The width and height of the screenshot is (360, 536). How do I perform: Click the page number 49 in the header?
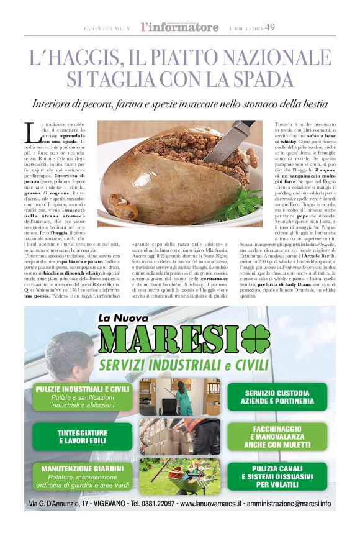click(270, 27)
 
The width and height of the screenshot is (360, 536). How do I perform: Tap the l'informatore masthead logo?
click(180, 27)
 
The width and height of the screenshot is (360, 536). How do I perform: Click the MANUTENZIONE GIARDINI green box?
click(83, 476)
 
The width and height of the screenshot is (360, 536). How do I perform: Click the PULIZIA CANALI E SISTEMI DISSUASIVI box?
click(277, 476)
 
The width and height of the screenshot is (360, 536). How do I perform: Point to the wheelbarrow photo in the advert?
click(179, 476)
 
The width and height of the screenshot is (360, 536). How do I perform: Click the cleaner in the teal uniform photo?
click(179, 397)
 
